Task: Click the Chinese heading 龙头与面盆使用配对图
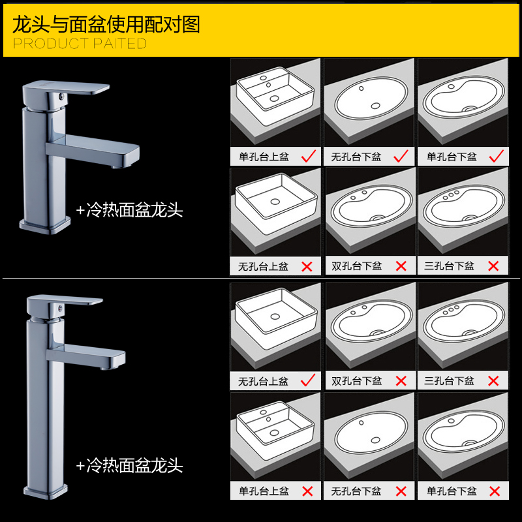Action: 106,24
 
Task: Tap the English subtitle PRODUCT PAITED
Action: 80,44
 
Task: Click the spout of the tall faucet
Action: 104,358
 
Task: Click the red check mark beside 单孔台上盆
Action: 309,155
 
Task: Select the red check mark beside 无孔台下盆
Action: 401,155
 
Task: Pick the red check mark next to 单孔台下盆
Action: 495,155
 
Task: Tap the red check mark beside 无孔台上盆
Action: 309,378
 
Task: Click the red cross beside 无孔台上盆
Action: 307,266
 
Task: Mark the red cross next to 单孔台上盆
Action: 307,491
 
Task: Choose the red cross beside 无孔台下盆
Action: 401,491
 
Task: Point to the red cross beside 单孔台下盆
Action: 495,491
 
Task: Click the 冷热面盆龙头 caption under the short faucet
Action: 129,210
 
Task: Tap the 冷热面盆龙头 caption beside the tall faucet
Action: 129,465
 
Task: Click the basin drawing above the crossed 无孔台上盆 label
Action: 275,212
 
